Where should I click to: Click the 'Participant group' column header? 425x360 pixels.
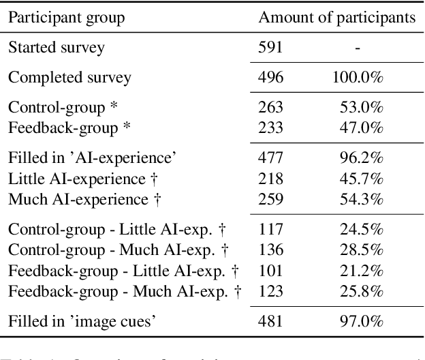tap(66, 18)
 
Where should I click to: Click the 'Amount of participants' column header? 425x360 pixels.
tap(336, 18)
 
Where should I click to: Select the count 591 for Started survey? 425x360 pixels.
tap(270, 47)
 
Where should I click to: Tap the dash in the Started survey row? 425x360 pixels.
tap(358, 48)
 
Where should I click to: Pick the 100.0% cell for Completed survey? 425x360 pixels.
tap(358, 76)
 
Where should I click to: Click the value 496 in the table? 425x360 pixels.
tap(270, 76)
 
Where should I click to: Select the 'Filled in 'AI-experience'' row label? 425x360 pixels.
tap(92, 157)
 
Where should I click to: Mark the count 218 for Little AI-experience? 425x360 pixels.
tap(270, 179)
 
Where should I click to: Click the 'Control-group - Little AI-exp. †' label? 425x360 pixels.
tap(120, 230)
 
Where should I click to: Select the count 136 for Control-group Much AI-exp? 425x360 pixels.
tap(270, 250)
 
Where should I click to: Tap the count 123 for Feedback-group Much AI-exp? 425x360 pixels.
tap(270, 292)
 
